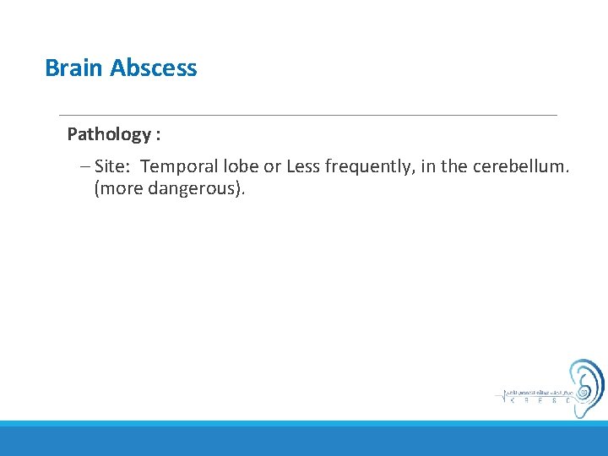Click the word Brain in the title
click(74, 68)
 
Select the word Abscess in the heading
click(154, 68)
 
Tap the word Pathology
click(108, 134)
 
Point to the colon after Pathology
click(158, 135)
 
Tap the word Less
click(303, 166)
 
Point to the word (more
click(118, 188)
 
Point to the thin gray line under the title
click(307, 115)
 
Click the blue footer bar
click(304, 439)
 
